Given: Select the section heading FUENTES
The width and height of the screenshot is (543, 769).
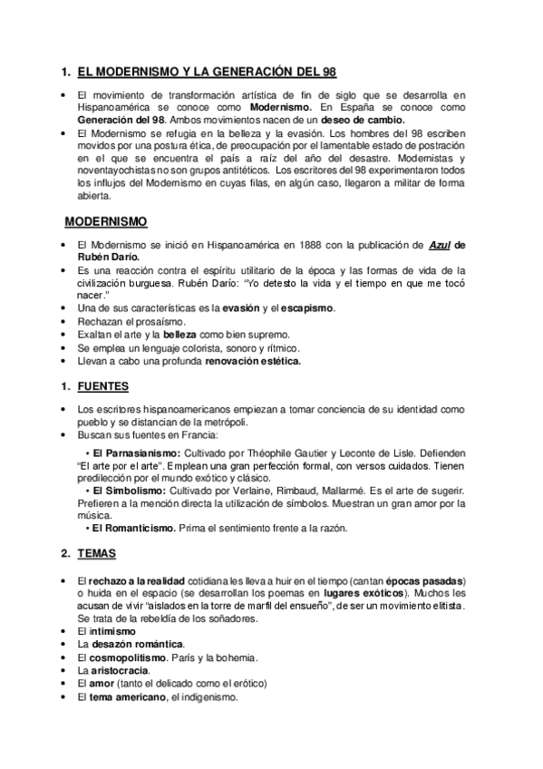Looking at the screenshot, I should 103,386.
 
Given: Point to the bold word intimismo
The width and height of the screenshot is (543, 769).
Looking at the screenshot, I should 113,630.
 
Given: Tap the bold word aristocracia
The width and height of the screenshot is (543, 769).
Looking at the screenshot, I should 120,669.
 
